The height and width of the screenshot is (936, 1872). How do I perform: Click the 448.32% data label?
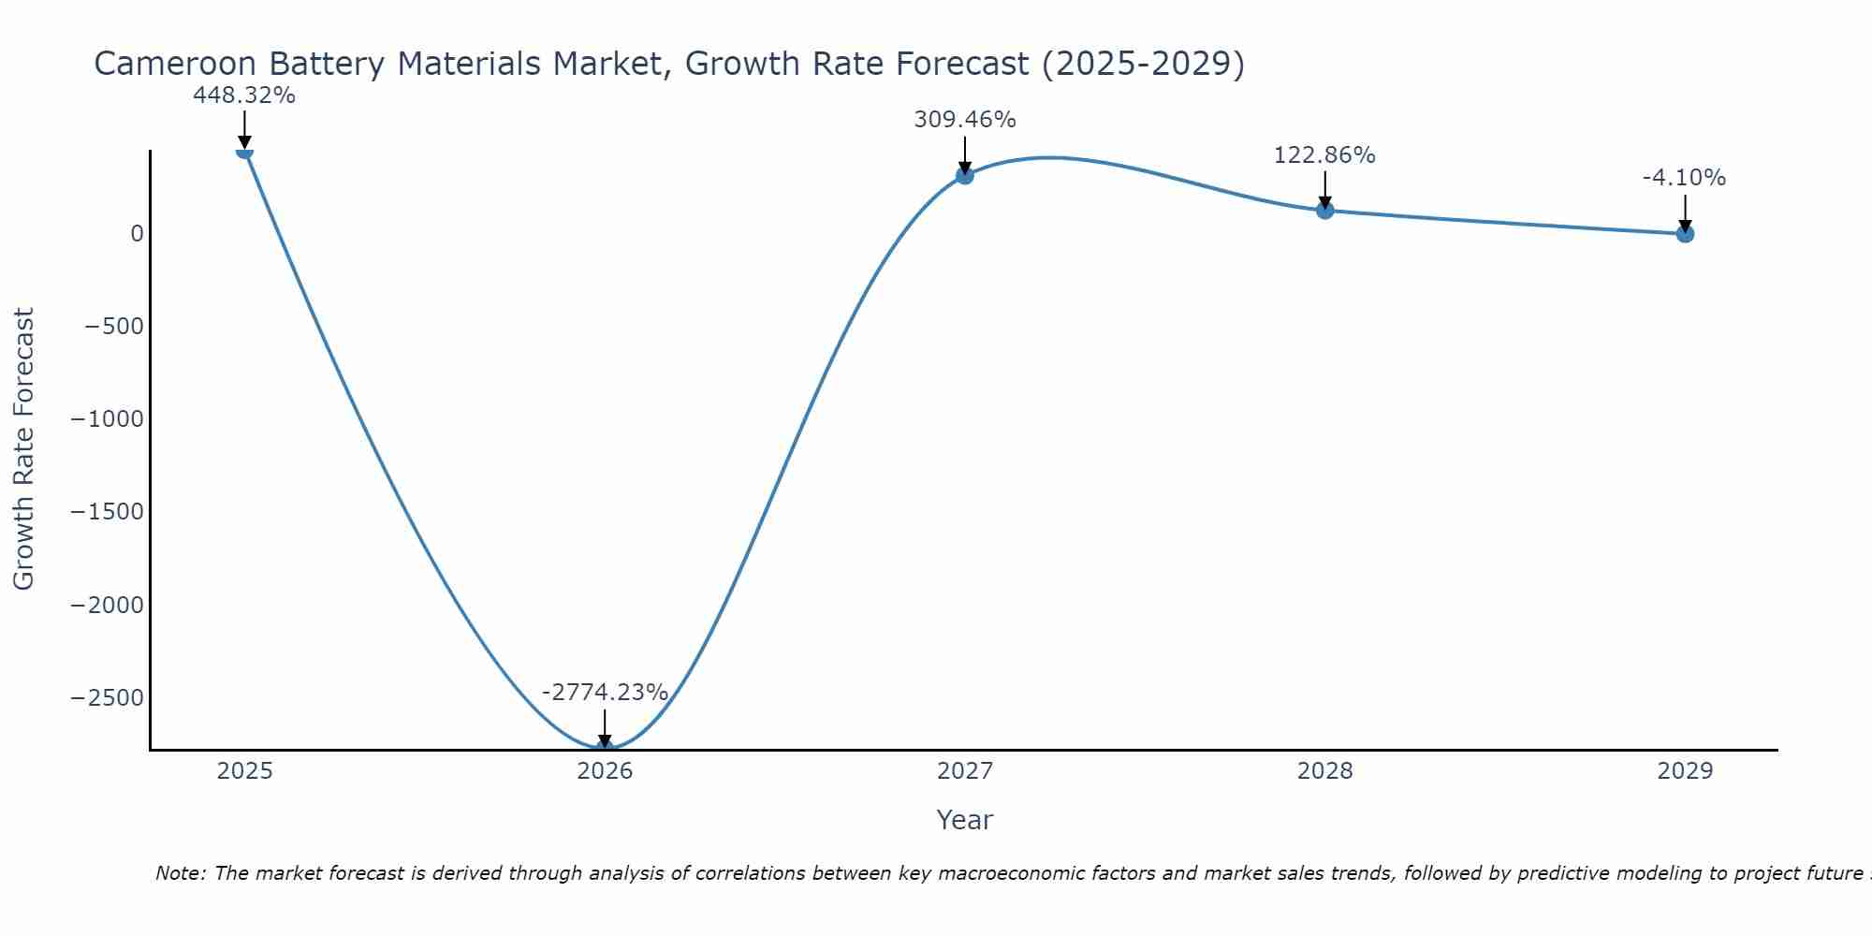point(244,95)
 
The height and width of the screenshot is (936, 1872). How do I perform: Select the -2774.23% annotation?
point(605,693)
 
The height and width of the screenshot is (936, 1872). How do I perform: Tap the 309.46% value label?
point(965,120)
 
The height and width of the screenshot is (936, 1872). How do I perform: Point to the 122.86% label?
point(1324,155)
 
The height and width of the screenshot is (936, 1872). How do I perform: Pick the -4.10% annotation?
point(1684,178)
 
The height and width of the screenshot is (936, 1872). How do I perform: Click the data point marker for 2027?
point(965,175)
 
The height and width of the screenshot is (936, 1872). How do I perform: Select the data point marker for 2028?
point(1324,211)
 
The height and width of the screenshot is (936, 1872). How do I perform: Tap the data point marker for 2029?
point(1685,234)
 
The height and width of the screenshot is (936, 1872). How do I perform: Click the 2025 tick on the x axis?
point(244,771)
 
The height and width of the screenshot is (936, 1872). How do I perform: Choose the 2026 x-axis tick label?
point(605,771)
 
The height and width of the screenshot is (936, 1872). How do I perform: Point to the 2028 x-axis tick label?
point(1324,771)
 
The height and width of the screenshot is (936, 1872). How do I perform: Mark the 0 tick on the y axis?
point(138,234)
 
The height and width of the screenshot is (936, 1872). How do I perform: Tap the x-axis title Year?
point(964,820)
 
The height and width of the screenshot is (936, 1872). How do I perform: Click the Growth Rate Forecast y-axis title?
point(23,449)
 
